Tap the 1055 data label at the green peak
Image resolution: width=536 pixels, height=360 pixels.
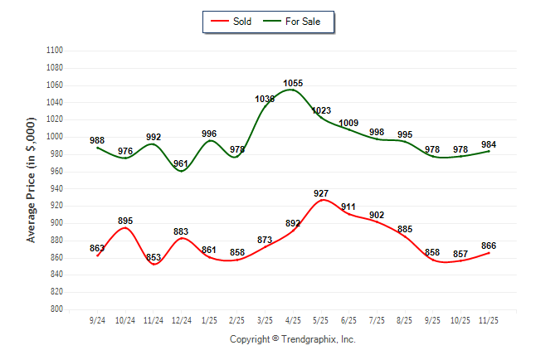pos(293,83)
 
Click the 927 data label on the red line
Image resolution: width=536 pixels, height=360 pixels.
pos(321,193)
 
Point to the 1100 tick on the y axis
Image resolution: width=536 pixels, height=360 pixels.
pos(55,51)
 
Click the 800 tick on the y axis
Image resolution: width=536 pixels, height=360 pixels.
pos(57,309)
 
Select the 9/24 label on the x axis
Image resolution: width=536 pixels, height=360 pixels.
pos(97,319)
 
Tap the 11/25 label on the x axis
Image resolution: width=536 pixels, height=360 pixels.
pos(490,319)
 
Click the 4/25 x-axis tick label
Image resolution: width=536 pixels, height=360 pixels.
pos(293,319)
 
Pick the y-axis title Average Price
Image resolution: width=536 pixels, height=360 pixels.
pos(32,180)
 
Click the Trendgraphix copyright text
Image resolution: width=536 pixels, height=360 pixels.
pos(292,339)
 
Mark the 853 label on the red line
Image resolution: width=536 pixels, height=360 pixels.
pos(153,257)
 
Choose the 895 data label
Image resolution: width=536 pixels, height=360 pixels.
pos(125,221)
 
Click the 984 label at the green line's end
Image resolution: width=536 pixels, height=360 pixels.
pos(489,144)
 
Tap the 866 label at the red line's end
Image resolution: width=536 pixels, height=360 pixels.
pos(490,246)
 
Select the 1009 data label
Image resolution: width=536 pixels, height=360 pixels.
pos(349,123)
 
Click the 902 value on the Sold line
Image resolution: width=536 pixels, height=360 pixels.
pos(377,215)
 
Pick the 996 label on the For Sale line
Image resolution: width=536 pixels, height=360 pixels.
pos(209,134)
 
